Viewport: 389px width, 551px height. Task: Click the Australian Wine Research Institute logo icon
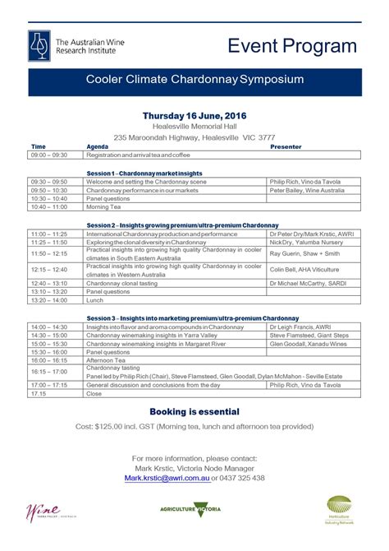click(39, 43)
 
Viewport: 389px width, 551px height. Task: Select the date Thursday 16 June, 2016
click(194, 115)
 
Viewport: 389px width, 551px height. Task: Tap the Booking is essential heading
click(194, 411)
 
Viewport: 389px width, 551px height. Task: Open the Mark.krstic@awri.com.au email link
click(165, 478)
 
